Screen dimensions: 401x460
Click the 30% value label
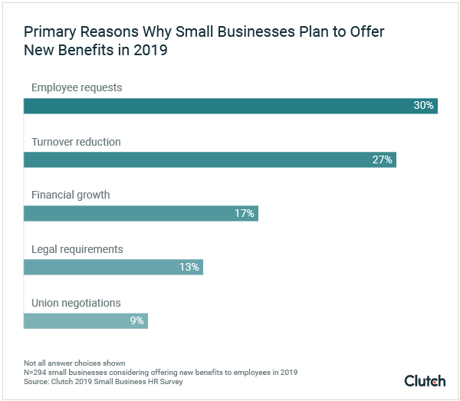[424, 106]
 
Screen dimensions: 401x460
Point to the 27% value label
[383, 159]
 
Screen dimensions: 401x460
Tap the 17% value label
[245, 213]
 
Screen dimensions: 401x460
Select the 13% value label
[189, 267]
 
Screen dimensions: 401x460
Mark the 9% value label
[137, 320]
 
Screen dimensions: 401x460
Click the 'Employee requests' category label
[77, 87]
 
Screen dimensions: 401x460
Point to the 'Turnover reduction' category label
[76, 142]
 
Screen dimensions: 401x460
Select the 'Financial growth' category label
[71, 195]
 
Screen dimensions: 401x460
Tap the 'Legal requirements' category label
[77, 249]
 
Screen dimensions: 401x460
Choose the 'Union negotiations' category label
[76, 303]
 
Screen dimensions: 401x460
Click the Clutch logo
[425, 380]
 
